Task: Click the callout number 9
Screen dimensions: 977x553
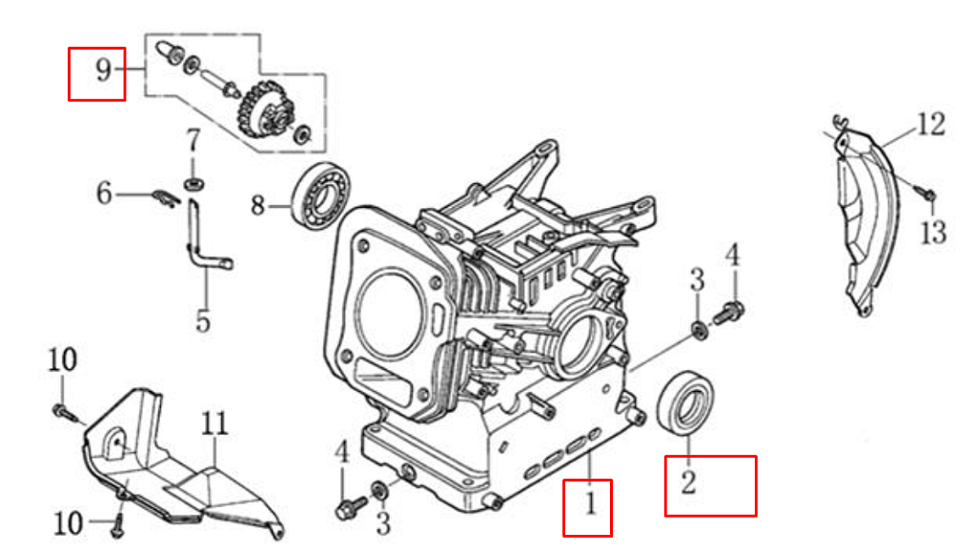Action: (104, 70)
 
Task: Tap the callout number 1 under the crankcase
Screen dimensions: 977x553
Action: (589, 502)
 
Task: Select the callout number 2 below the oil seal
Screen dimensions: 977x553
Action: (688, 482)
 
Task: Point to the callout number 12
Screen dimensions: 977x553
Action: (931, 124)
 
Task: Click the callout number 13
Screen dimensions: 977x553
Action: (934, 232)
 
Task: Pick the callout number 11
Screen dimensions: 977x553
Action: (214, 424)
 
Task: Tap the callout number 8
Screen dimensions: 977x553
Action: (258, 205)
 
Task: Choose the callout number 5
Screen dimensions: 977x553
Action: (203, 320)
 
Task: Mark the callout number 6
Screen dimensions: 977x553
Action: (104, 193)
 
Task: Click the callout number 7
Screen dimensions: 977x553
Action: (193, 140)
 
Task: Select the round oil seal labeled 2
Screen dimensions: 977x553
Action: (685, 401)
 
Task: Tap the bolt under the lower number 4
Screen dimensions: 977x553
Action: (351, 506)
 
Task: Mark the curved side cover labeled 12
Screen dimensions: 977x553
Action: (866, 218)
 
